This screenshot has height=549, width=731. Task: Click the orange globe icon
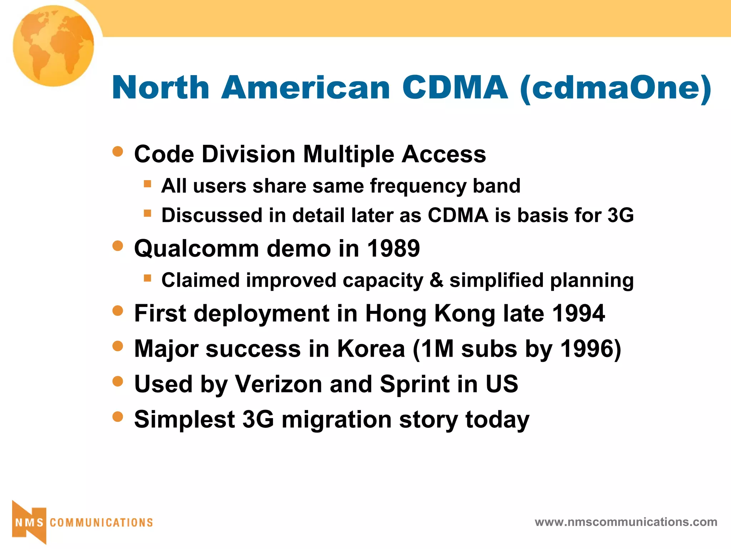tap(54, 46)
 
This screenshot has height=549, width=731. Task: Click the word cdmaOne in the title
tap(616, 88)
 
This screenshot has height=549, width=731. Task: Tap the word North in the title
tap(161, 88)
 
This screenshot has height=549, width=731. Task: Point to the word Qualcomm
tap(196, 249)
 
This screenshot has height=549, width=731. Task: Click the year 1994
tap(578, 313)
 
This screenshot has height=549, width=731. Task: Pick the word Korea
tap(371, 348)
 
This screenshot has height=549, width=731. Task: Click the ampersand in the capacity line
tap(436, 280)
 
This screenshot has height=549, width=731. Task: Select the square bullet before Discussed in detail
tap(147, 213)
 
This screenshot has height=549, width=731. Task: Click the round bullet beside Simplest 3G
tap(117, 416)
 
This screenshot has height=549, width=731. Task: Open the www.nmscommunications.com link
tap(626, 522)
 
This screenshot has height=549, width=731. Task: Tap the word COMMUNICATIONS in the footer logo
tap(101, 523)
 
